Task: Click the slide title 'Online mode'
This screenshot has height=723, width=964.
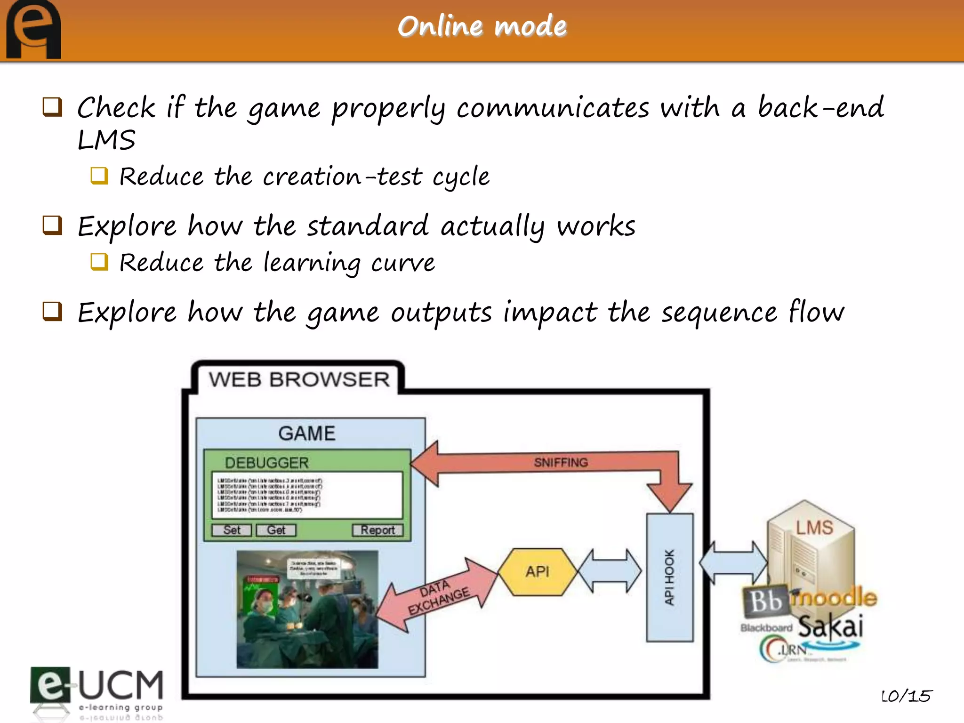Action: (482, 26)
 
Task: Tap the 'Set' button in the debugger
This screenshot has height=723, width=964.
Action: (232, 530)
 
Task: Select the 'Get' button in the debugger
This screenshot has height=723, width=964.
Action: (276, 530)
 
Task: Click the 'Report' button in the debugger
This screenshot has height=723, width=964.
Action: (378, 530)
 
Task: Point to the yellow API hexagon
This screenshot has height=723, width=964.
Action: (538, 571)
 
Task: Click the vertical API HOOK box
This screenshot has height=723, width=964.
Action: (669, 577)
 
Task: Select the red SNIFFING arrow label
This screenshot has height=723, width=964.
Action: (561, 463)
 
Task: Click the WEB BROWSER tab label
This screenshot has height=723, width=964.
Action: (299, 379)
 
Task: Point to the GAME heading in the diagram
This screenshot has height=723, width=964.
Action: (307, 433)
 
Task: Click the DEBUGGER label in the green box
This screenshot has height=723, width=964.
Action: (266, 463)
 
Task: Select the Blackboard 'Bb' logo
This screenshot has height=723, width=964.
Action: (766, 602)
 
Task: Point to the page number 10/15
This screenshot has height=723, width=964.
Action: (906, 696)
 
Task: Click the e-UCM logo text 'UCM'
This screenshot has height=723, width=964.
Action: (120, 685)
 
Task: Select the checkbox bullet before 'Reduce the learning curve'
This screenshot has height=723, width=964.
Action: (99, 262)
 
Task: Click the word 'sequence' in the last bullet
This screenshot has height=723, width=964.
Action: (719, 313)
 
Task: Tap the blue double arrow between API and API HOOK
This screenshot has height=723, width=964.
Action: (610, 570)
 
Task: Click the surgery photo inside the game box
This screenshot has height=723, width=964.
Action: (307, 609)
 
